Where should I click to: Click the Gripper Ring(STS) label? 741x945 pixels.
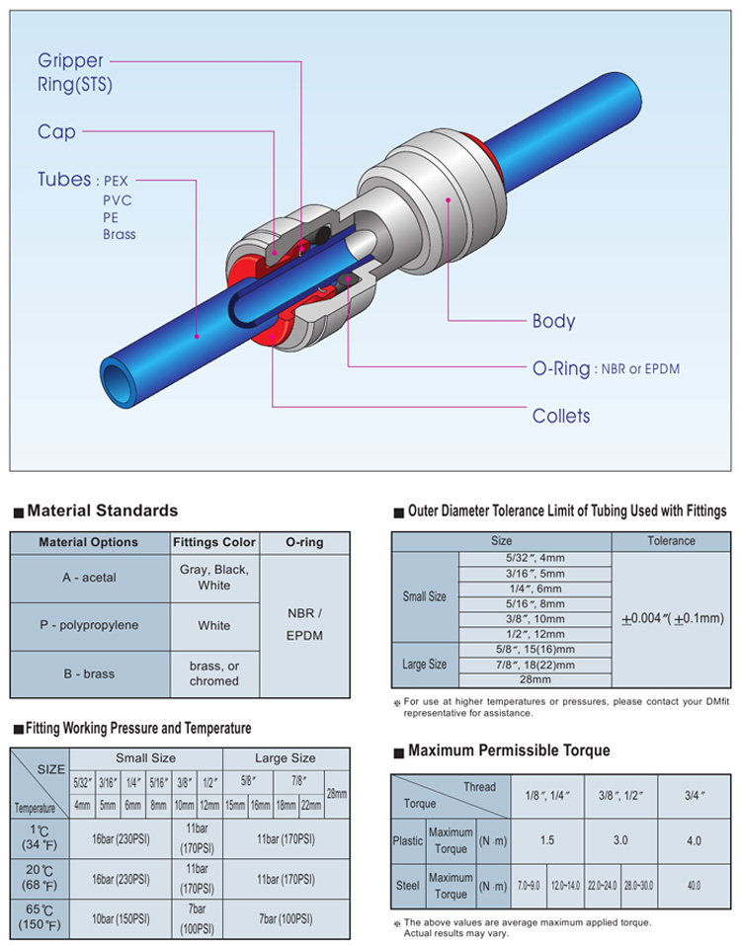(74, 72)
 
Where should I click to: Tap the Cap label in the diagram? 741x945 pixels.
(56, 131)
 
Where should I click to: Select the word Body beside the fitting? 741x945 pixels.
(553, 321)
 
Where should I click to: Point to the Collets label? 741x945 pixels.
(561, 416)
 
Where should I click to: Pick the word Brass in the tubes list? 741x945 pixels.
(120, 234)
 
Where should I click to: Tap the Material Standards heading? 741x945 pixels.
(102, 511)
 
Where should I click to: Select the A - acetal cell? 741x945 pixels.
(89, 578)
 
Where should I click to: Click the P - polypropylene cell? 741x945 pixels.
(89, 625)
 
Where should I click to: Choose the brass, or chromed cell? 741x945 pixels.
(214, 673)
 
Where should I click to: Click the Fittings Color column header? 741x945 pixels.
(213, 542)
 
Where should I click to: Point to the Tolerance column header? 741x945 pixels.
(671, 541)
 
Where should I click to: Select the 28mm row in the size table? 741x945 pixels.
(535, 679)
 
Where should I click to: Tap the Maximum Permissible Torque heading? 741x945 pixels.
(509, 750)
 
